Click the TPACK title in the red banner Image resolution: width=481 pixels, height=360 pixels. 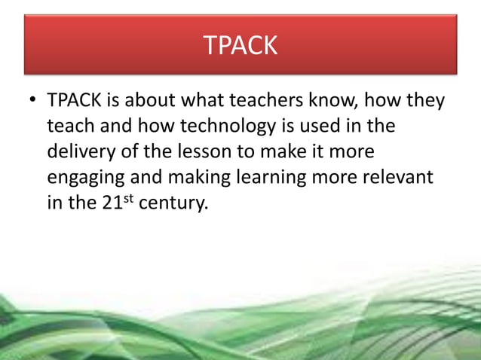pyautogui.click(x=240, y=46)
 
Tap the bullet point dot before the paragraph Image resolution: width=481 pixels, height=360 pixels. pyautogui.click(x=32, y=101)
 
